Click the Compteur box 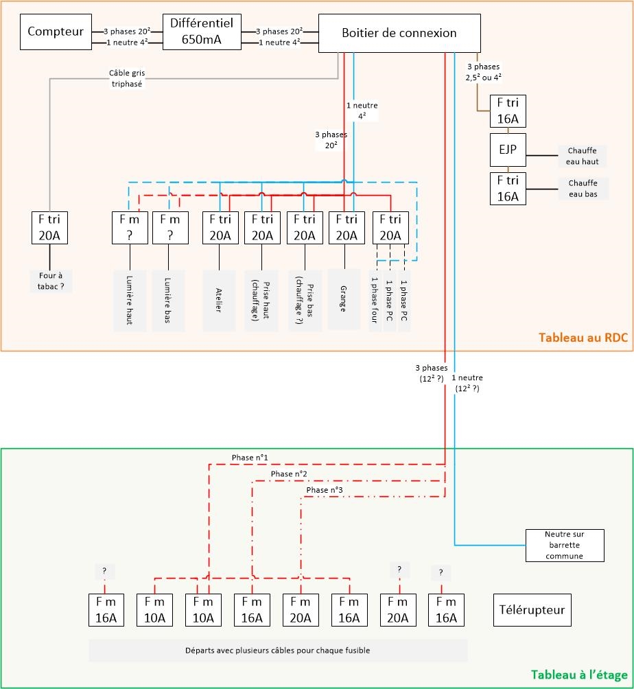[56, 32]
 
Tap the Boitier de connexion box [399, 33]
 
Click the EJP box [507, 150]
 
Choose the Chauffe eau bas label [582, 188]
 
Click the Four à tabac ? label [51, 281]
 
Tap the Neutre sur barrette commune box [564, 546]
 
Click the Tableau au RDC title [583, 338]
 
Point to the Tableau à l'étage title [578, 675]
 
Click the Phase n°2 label [289, 474]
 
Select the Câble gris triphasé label [126, 78]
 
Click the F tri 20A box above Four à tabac [51, 228]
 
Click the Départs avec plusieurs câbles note [278, 650]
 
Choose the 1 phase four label [375, 299]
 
